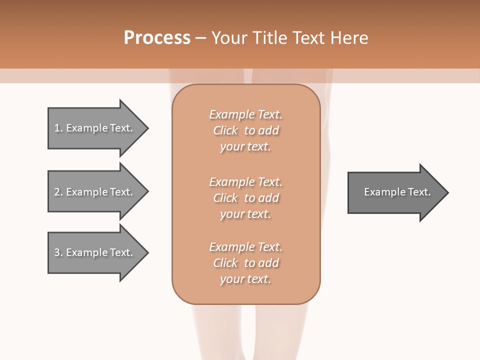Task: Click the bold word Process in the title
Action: pos(157,38)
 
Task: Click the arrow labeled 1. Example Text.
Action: pos(95,128)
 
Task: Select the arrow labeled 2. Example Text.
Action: pos(95,192)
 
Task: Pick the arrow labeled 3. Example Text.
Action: pos(95,252)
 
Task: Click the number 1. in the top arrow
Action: pos(58,128)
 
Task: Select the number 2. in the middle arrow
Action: pos(58,192)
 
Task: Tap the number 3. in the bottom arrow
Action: pos(58,252)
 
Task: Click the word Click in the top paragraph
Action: pos(225,130)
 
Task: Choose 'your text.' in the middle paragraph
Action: pos(245,214)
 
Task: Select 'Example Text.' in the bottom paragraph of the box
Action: pos(245,247)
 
